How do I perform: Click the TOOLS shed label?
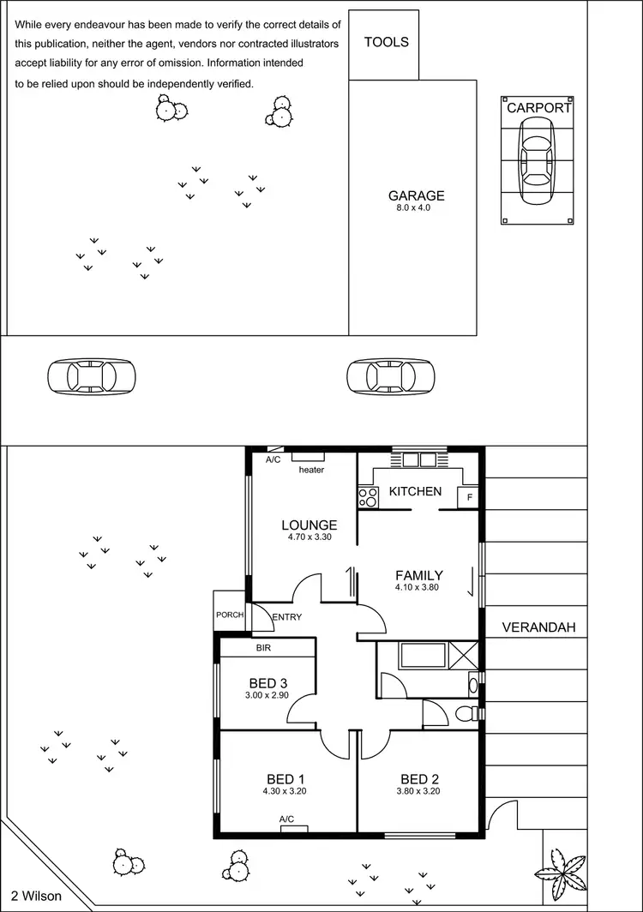pyautogui.click(x=386, y=42)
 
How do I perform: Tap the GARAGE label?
pyautogui.click(x=416, y=195)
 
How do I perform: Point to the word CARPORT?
pyautogui.click(x=538, y=108)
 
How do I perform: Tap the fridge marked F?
pyautogui.click(x=469, y=498)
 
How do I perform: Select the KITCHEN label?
pyautogui.click(x=415, y=491)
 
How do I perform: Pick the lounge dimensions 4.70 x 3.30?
pyautogui.click(x=309, y=537)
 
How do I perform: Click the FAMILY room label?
pyautogui.click(x=418, y=575)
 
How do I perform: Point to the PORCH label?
pyautogui.click(x=230, y=615)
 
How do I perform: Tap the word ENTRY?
pyautogui.click(x=287, y=616)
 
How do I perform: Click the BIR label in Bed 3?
pyautogui.click(x=263, y=649)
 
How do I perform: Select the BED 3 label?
pyautogui.click(x=267, y=683)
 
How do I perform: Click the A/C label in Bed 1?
pyautogui.click(x=287, y=819)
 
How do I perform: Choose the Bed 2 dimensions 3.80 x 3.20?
pyautogui.click(x=419, y=791)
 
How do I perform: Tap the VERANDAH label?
pyautogui.click(x=538, y=627)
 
